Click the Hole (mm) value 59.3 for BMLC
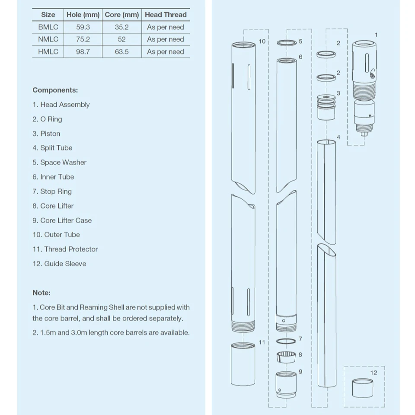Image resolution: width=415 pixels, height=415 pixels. [x=83, y=27]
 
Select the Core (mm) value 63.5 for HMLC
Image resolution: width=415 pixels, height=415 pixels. [x=122, y=51]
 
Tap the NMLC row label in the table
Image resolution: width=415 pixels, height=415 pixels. [x=48, y=39]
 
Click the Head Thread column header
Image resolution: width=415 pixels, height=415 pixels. [x=166, y=14]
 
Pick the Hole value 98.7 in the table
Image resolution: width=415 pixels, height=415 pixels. [x=83, y=51]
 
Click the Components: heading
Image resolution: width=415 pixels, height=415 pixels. [x=55, y=90]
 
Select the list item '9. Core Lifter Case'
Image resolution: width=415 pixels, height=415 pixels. [x=62, y=220]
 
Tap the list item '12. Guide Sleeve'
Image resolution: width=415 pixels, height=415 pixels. [x=59, y=264]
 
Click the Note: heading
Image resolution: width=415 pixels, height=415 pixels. [x=41, y=293]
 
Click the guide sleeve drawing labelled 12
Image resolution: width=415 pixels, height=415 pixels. [x=363, y=388]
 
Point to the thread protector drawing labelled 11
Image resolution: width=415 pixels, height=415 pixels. [x=243, y=364]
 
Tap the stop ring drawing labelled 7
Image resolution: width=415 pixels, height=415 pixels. [x=286, y=341]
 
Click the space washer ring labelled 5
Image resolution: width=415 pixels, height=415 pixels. [x=286, y=42]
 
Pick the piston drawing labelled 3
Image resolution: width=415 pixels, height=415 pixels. [x=326, y=107]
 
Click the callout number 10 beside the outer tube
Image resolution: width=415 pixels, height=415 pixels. [x=262, y=41]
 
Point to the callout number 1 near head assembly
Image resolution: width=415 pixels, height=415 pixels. [x=376, y=35]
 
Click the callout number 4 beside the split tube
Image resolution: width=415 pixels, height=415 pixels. [x=338, y=137]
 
